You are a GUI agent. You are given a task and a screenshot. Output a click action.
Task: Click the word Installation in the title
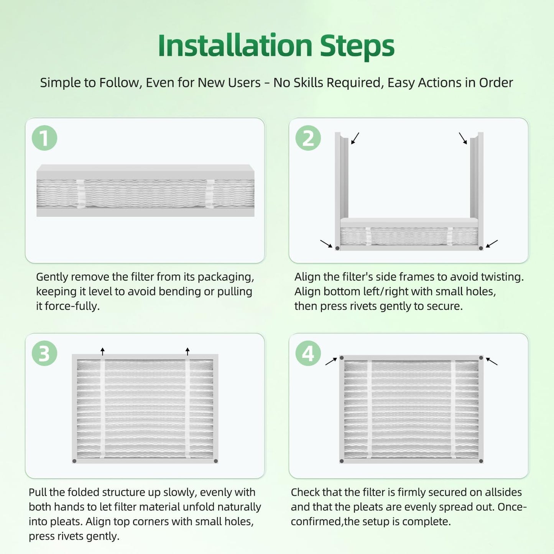235,45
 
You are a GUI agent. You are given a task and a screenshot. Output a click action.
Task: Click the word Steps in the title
357,47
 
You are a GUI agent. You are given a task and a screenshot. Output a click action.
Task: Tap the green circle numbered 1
44,138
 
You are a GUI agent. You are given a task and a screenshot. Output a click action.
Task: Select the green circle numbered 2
308,138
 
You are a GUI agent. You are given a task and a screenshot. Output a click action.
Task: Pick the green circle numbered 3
44,353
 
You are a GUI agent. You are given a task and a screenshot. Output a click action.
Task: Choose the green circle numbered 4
308,353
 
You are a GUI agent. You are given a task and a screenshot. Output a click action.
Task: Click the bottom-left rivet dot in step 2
337,248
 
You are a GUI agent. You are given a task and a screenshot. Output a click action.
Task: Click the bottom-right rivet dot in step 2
481,248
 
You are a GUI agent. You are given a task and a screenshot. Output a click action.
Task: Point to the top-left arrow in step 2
355,138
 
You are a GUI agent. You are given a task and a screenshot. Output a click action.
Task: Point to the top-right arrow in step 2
463,138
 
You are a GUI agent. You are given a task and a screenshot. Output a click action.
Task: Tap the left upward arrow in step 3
102,351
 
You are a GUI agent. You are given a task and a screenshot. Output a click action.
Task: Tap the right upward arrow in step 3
187,351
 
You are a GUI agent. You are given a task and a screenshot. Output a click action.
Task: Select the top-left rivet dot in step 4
342,358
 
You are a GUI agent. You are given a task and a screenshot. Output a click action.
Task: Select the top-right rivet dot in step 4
481,358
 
